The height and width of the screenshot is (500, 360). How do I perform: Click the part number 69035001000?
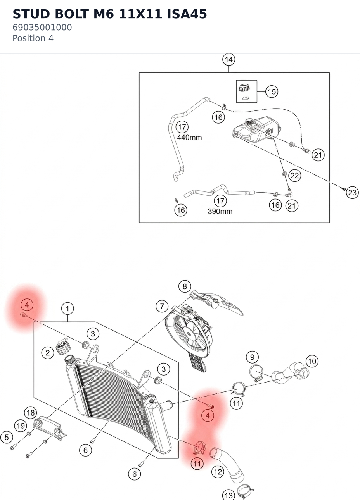coord(42,28)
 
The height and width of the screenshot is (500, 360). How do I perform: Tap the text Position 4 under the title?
coord(33,38)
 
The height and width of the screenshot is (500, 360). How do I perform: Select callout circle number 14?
coord(228,60)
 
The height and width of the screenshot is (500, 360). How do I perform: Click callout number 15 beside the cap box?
coord(272,91)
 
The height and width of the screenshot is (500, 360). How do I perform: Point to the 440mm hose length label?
coord(189,137)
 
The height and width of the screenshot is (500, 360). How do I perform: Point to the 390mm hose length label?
coord(220,211)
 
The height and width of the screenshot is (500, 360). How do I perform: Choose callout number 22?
coord(294,176)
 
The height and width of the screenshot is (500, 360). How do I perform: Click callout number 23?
coord(352,192)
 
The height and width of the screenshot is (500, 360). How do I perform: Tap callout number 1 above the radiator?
coord(67,309)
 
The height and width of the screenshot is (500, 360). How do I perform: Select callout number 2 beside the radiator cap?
coord(48,353)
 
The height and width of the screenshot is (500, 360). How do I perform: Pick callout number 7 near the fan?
coord(162,306)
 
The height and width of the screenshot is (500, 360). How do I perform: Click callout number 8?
coord(185,286)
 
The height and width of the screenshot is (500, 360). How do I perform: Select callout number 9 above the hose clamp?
coord(252,357)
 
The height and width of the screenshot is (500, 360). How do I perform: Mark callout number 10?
coord(312,361)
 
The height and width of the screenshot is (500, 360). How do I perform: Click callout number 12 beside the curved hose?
coord(218,472)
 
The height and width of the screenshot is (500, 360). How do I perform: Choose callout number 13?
coord(228,495)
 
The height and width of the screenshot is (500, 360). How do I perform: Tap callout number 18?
coord(31,413)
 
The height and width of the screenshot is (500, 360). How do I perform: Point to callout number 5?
coord(7,437)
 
